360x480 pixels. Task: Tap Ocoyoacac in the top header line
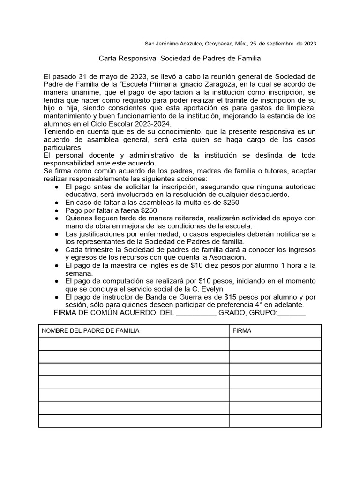[221, 44]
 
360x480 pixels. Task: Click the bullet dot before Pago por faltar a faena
[57, 210]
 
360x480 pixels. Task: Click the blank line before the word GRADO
[195, 313]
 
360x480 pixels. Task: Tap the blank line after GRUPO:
[292, 313]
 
